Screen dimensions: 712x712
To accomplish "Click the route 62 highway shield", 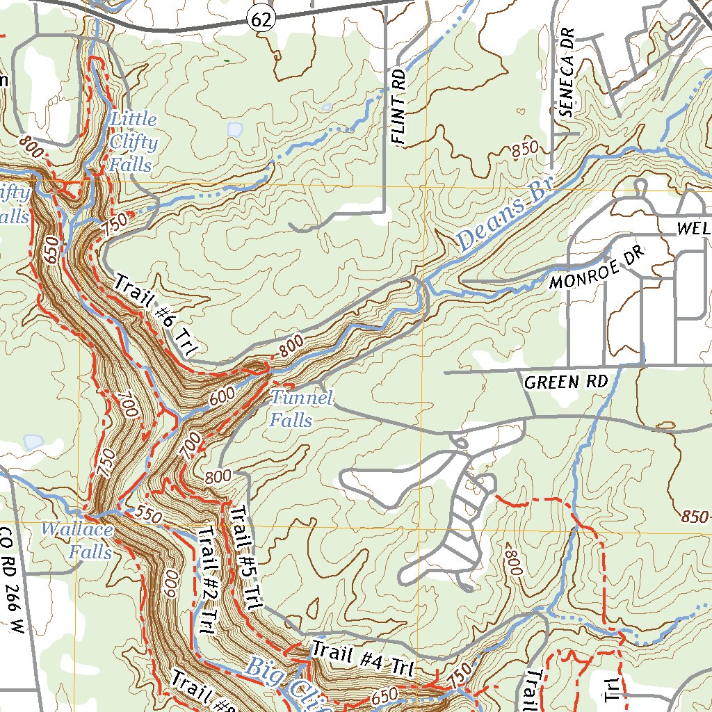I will click(x=260, y=21).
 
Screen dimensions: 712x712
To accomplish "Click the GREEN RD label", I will click(x=566, y=382).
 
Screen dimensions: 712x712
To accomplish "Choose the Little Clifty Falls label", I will click(x=133, y=143).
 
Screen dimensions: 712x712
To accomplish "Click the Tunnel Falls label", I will click(x=300, y=410).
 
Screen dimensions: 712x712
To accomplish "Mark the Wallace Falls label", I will click(x=76, y=541).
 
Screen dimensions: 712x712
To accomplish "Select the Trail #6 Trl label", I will click(x=152, y=316).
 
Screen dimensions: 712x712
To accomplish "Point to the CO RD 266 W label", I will click(x=13, y=581).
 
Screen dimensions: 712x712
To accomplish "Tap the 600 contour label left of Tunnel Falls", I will click(x=222, y=396).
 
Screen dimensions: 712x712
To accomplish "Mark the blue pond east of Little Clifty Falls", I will click(x=235, y=129).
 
